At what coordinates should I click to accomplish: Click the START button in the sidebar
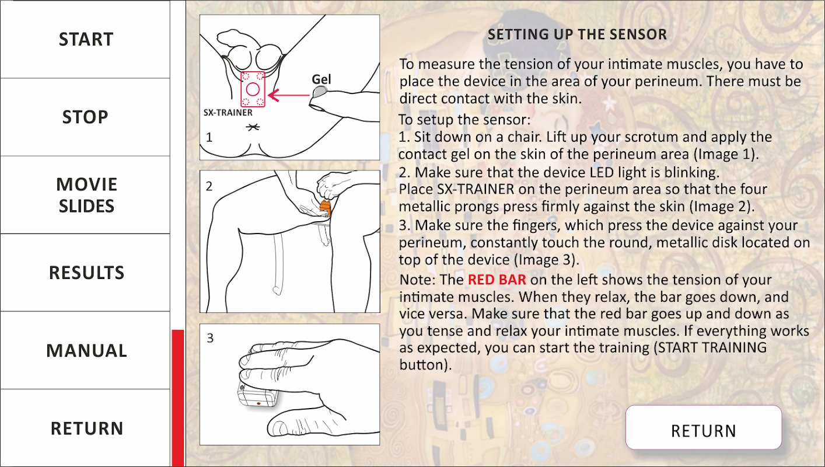coord(85,39)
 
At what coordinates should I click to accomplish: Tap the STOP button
coord(85,117)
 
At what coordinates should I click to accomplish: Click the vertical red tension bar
coord(178,398)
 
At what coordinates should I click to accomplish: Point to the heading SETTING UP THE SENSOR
coord(577,34)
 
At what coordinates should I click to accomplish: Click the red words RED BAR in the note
coord(497,280)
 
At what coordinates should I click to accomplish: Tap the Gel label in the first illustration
coord(321,79)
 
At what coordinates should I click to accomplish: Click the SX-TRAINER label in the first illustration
coord(228,113)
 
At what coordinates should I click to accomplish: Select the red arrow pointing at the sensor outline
coord(289,95)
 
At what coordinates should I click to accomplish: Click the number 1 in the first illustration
coord(209,138)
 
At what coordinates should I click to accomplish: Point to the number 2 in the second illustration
coord(209,186)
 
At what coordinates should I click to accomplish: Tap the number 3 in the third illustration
coord(210,338)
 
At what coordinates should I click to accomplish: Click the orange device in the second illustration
coord(325,208)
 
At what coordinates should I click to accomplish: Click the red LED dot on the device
coord(258,403)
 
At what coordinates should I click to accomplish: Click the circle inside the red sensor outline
coord(253,89)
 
